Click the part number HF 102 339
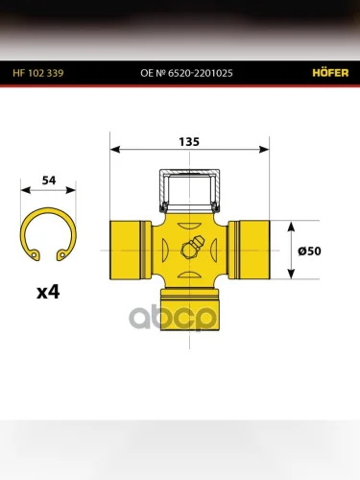point(38,73)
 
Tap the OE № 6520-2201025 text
point(186,73)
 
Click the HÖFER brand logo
point(330,73)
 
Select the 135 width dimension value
point(189,142)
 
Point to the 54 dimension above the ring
point(49,180)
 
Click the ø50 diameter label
point(309,251)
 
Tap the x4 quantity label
point(48,292)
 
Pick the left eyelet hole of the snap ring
point(34,255)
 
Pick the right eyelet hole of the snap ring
point(62,255)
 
